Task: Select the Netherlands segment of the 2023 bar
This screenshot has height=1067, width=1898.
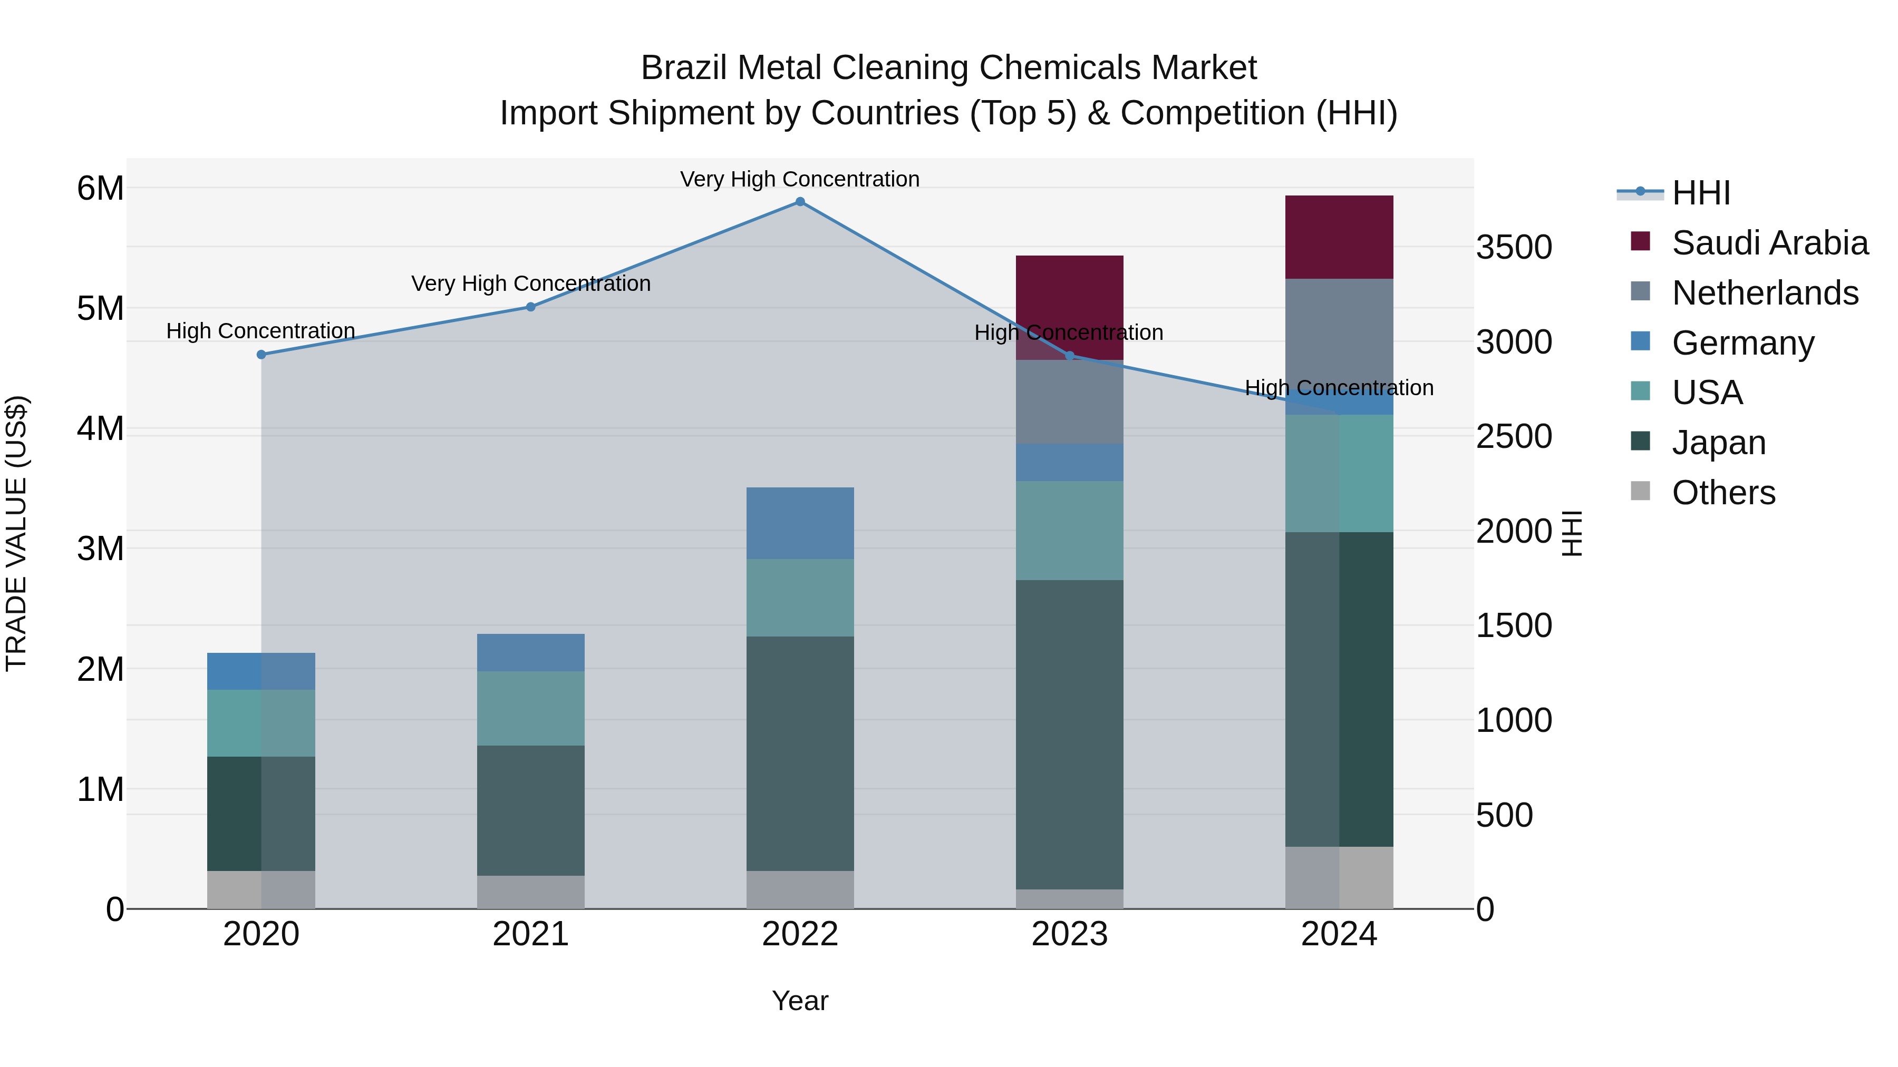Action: pos(1069,402)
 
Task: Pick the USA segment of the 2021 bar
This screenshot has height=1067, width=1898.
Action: pos(530,708)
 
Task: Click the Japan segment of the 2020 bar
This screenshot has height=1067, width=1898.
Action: pos(261,813)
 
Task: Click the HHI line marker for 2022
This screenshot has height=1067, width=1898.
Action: pos(800,202)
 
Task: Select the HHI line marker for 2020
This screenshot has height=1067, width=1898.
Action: pos(261,354)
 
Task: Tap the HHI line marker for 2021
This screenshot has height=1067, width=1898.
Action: pos(530,307)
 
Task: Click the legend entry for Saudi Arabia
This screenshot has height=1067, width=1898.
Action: pos(1770,243)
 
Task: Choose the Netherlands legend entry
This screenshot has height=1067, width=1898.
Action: pos(1765,293)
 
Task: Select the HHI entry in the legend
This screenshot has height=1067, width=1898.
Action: pos(1700,193)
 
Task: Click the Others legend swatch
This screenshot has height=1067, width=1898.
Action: pos(1640,491)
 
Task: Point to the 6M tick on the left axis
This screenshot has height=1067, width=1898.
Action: pos(100,189)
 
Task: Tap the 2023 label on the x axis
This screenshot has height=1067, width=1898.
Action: pos(1069,934)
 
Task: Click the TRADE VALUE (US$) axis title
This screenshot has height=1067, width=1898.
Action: pos(16,533)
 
